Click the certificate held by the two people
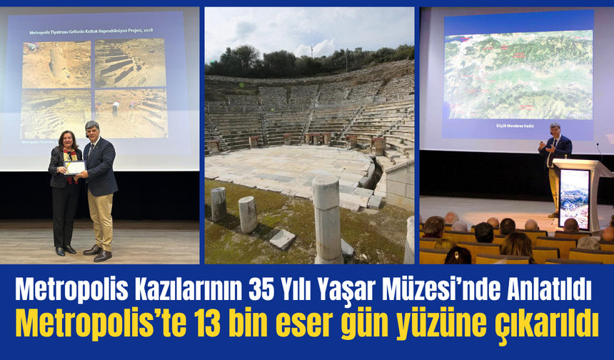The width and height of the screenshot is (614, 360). tap(75, 167)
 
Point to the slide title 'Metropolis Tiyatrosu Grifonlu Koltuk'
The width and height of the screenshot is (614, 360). tap(91, 32)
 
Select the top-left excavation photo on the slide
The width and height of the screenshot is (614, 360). tap(56, 64)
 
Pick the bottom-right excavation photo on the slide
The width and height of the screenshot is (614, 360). tap(131, 113)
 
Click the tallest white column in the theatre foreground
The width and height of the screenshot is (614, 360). tap(328, 219)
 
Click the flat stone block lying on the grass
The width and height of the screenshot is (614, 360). tap(282, 239)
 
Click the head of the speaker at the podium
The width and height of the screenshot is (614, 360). tap(555, 129)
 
